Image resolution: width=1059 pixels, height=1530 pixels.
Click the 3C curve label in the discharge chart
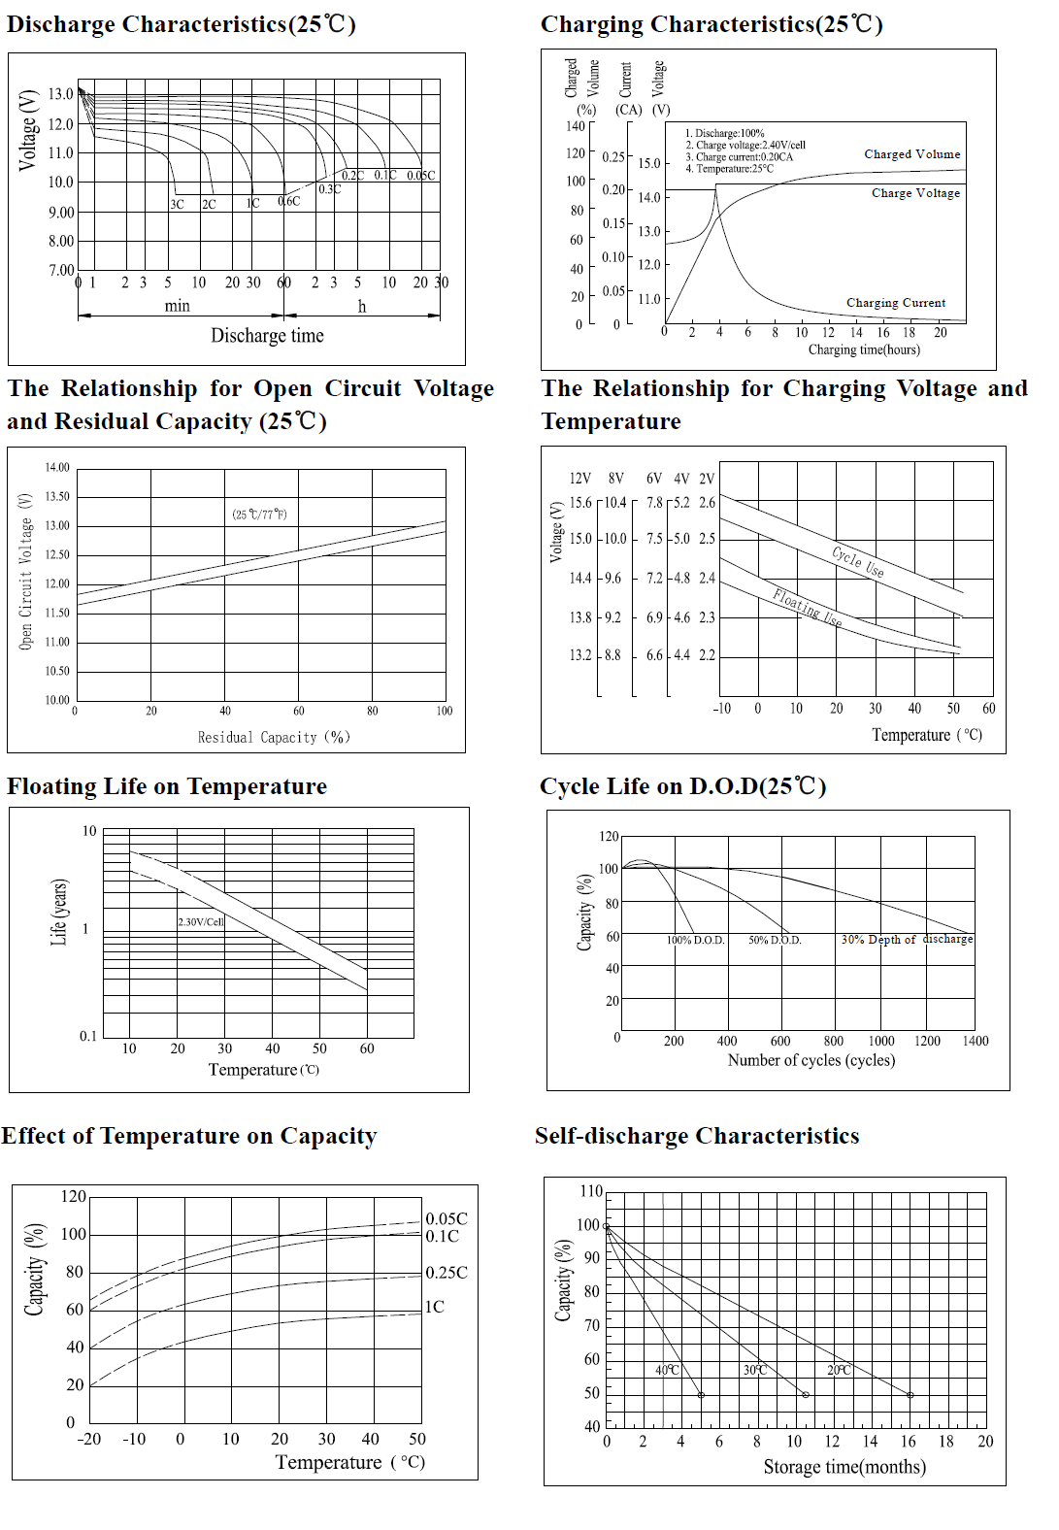point(177,205)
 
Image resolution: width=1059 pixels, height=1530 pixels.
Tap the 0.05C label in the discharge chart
point(420,176)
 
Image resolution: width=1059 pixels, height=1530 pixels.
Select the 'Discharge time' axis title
point(267,336)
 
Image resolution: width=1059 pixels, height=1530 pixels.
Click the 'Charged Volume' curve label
point(911,154)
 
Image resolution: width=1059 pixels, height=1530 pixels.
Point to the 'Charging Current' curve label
point(895,303)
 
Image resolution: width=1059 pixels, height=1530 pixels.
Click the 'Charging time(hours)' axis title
point(863,349)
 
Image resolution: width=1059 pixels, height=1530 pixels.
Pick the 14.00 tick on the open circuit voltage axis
point(57,468)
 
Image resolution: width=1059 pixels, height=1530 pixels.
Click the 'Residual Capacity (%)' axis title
point(273,738)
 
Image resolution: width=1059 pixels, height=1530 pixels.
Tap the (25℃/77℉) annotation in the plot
point(259,515)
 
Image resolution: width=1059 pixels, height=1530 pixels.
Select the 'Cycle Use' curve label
point(858,561)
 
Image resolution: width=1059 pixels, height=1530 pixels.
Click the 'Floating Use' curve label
point(807,608)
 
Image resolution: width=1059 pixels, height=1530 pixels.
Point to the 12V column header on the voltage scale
point(579,479)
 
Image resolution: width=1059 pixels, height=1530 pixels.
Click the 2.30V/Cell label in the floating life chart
point(201,922)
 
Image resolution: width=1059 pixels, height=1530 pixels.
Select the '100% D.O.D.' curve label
point(695,940)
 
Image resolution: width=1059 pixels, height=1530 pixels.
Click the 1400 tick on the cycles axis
point(975,1041)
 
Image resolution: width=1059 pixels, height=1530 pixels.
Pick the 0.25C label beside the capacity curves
point(447,1273)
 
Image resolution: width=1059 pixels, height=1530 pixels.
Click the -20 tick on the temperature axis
point(89,1439)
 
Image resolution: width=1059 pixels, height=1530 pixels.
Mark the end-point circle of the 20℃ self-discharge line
point(910,1395)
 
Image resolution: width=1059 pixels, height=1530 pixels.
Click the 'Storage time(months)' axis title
point(844,1467)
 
